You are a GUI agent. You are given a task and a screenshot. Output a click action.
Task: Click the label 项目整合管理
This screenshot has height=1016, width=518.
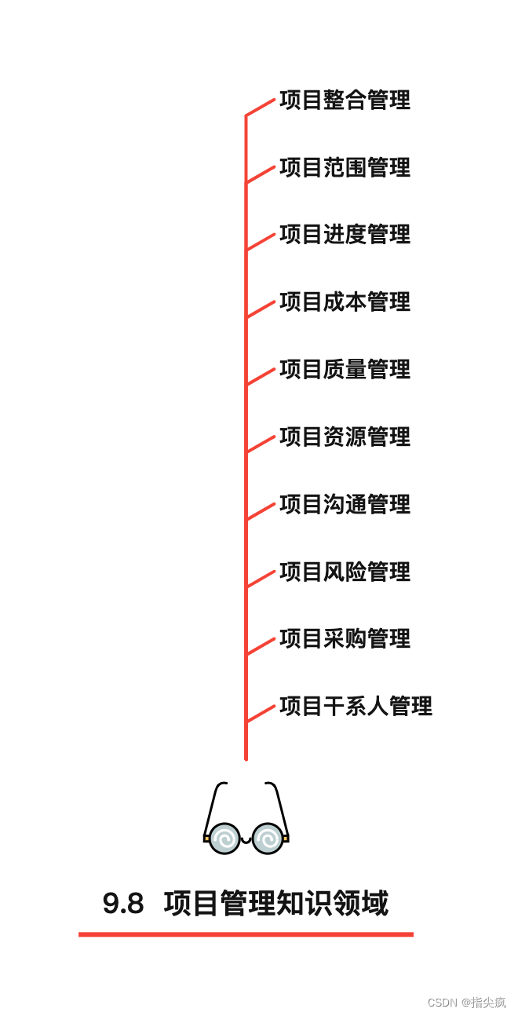(345, 101)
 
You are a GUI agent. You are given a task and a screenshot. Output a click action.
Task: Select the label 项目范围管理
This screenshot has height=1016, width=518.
(345, 168)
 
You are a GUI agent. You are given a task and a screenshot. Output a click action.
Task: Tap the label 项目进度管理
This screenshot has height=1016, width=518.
(345, 235)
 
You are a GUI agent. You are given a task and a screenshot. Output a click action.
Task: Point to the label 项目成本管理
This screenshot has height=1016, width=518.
(345, 302)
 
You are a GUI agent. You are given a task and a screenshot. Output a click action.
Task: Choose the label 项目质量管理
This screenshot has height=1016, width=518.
(345, 370)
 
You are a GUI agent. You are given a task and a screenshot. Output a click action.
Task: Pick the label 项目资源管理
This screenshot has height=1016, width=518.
(345, 437)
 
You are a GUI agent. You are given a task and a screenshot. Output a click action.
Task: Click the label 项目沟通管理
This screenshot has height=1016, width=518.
(345, 504)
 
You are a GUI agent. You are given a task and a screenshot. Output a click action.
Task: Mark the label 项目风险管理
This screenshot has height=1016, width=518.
(345, 572)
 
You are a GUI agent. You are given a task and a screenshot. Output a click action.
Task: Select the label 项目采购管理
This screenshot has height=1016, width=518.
(345, 639)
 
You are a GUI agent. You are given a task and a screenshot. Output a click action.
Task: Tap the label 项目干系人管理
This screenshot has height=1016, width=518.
(356, 707)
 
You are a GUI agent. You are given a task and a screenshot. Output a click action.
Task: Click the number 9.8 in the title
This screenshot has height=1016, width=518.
(123, 904)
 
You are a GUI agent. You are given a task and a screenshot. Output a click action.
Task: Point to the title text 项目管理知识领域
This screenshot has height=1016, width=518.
(276, 904)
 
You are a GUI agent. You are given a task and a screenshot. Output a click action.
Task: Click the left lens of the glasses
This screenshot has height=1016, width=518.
(224, 839)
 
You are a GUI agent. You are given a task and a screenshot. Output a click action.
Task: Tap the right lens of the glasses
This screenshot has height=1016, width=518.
(268, 839)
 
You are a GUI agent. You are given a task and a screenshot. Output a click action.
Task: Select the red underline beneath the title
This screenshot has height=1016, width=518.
(246, 934)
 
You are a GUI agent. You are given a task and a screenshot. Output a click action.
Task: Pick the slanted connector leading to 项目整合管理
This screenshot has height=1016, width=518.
(261, 108)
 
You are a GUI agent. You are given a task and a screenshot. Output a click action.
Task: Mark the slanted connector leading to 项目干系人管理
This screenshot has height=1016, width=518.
(261, 714)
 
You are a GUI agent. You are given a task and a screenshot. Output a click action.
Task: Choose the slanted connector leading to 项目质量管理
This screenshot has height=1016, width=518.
(261, 377)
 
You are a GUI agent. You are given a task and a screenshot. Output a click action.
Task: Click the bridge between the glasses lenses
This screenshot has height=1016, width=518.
(246, 840)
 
